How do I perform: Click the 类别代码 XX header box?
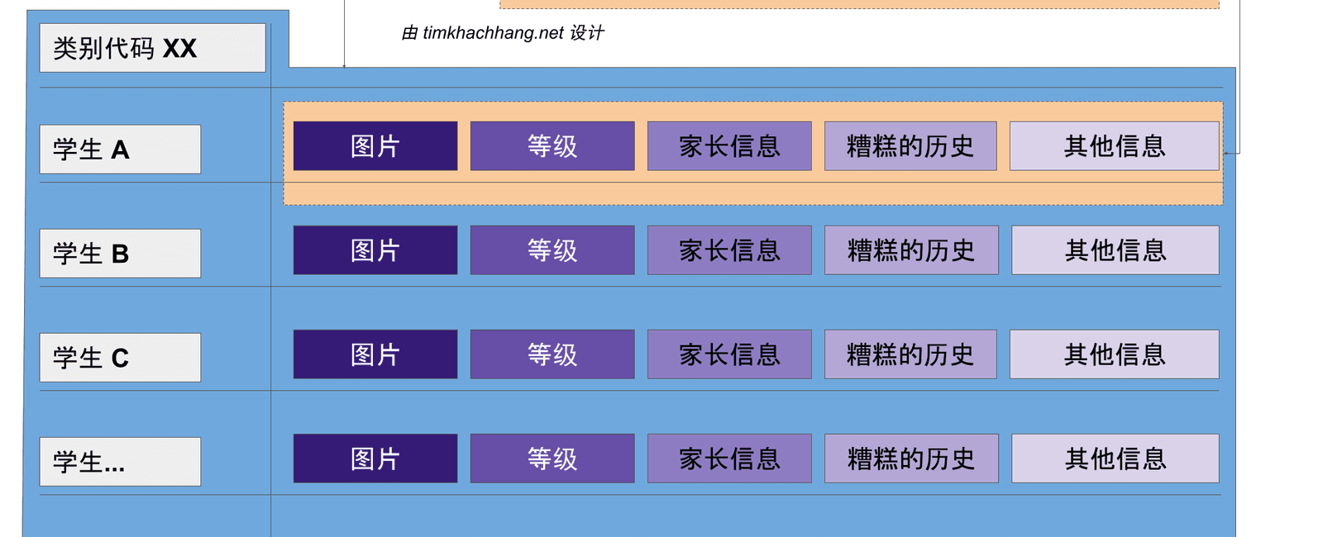pos(152,48)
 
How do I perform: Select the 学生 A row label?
pos(120,150)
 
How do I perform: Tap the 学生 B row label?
pos(120,254)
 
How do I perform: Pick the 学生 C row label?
pos(120,358)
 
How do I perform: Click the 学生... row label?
pos(120,462)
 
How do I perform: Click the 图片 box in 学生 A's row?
pos(375,146)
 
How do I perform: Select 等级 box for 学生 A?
pos(552,146)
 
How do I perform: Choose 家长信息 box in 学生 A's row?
pos(729,146)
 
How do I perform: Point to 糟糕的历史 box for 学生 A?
pos(910,146)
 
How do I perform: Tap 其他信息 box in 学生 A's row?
pos(1115,146)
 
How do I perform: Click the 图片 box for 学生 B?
pos(375,250)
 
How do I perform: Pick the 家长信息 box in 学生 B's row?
pos(729,250)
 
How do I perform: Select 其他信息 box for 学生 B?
pos(1115,250)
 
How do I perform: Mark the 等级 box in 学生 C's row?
pos(552,354)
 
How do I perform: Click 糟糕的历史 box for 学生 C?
pos(910,354)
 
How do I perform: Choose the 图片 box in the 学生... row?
pos(375,459)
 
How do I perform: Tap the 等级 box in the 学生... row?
pos(552,459)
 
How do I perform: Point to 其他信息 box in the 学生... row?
pos(1115,459)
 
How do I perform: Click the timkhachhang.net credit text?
pos(503,33)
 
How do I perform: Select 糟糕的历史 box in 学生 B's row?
pos(911,250)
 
